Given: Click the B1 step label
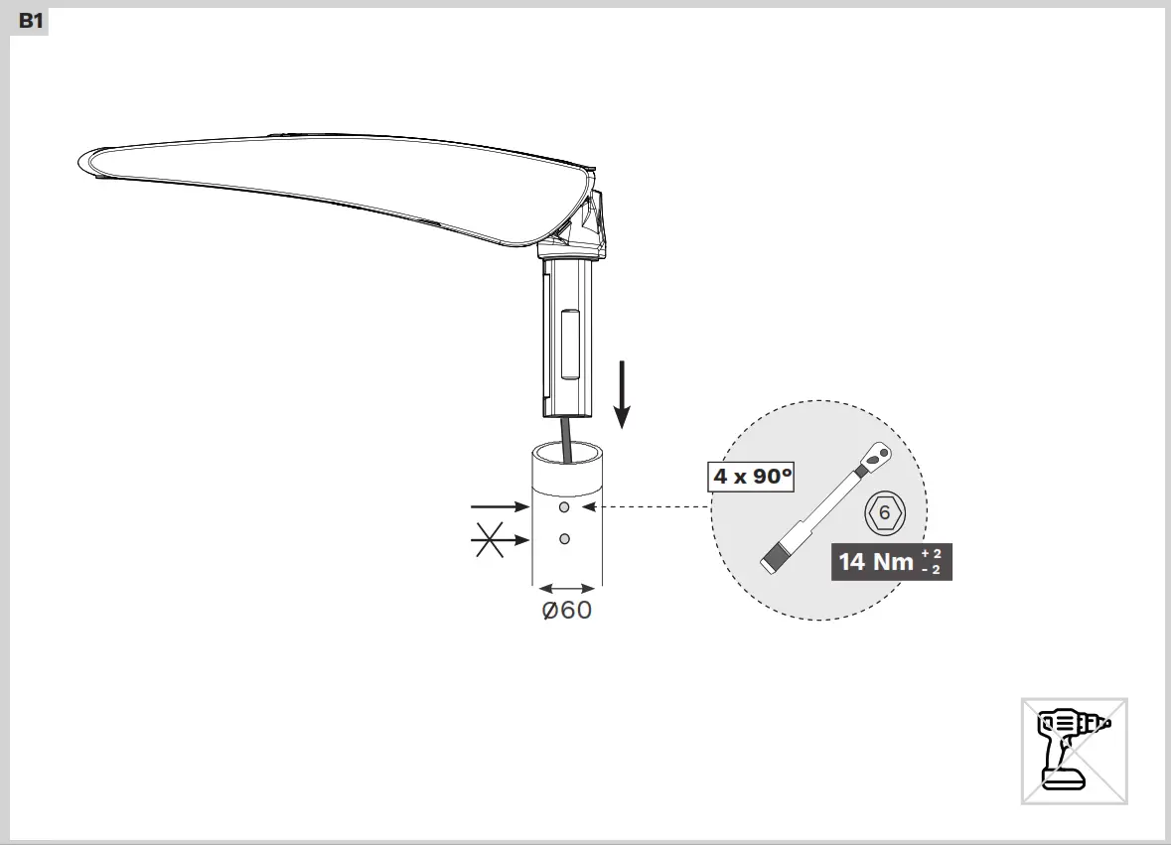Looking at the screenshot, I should [x=31, y=21].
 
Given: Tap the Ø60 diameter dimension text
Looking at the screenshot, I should [x=566, y=610].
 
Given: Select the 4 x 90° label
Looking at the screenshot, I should [x=753, y=477].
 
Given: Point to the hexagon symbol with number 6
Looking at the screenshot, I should [x=884, y=512].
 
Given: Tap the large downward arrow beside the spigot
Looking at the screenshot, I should [x=623, y=394].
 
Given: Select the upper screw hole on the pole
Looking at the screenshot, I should [x=564, y=507].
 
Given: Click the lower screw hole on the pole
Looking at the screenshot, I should [x=564, y=538].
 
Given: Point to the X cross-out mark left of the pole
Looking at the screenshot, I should [x=490, y=540].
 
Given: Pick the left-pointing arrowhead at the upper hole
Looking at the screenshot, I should [x=589, y=507].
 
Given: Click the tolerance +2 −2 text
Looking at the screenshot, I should [x=931, y=561].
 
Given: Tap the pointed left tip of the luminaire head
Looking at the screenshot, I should [x=81, y=160].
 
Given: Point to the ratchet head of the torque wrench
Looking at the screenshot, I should [x=877, y=456].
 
